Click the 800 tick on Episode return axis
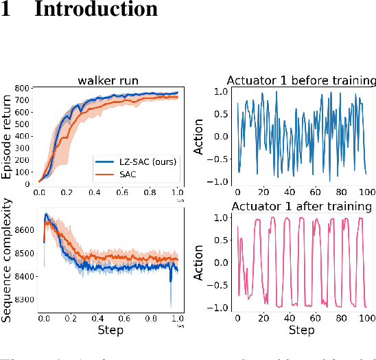click(23, 89)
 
